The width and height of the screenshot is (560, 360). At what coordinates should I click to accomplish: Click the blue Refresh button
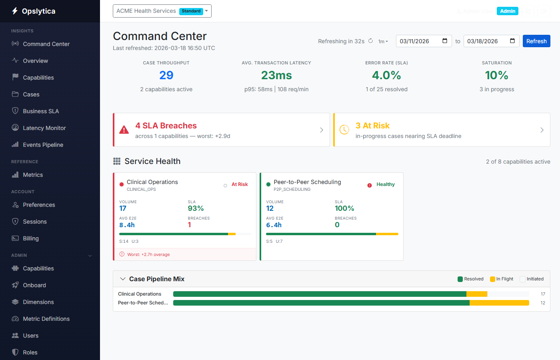pos(536,41)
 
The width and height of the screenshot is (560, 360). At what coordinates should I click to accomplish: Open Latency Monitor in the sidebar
pos(44,128)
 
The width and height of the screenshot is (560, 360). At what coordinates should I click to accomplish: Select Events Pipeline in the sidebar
pos(43,145)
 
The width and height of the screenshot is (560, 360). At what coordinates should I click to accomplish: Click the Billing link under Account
pos(30,238)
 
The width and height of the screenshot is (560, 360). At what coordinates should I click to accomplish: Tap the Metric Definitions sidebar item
pos(46,319)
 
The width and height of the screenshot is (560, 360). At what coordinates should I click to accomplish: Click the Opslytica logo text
pos(38,11)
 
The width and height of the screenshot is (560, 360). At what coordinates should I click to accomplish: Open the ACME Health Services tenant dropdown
pos(162,11)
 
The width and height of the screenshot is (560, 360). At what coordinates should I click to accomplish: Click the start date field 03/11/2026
pos(423,41)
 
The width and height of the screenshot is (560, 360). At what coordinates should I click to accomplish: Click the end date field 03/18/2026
pos(491,41)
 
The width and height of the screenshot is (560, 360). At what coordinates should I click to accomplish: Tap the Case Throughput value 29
pos(166,75)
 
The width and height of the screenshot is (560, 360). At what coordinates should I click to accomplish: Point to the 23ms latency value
pos(276,75)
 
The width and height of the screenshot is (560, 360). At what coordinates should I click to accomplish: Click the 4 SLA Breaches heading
pos(166,126)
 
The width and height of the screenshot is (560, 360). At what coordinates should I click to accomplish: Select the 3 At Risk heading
pos(372,126)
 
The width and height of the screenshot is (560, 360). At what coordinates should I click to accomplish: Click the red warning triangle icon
pos(124,130)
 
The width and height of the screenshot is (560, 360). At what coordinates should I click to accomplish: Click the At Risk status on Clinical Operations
pos(240,184)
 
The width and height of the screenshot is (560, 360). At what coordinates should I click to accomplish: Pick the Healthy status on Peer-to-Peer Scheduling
pos(385,184)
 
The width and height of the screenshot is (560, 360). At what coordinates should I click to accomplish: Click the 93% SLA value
pos(196,208)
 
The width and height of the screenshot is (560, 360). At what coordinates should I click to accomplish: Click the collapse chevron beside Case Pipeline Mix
pos(123,279)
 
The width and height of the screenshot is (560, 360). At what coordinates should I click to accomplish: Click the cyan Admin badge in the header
pos(507,11)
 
